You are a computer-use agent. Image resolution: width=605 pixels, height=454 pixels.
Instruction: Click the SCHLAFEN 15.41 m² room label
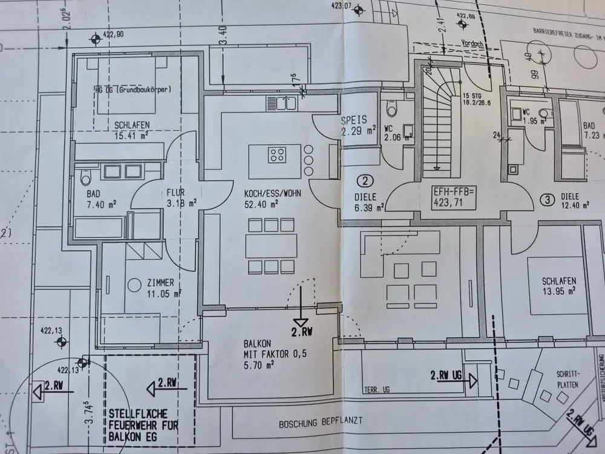(x=131, y=130)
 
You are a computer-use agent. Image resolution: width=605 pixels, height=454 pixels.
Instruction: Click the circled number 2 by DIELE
(x=365, y=180)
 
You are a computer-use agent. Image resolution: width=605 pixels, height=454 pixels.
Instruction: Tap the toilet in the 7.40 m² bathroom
(x=85, y=177)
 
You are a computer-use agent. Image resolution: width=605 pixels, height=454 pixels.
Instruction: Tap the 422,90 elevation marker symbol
(x=96, y=40)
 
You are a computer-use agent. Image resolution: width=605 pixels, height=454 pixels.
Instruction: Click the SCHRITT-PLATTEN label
(x=566, y=380)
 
